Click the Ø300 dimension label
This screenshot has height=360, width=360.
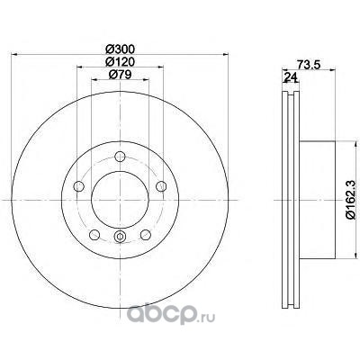click(x=121, y=49)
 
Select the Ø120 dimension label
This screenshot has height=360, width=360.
click(x=121, y=62)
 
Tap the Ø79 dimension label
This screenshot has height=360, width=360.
click(x=121, y=74)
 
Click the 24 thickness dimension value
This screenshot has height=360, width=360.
click(x=291, y=77)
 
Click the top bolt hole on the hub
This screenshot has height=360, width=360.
click(x=120, y=157)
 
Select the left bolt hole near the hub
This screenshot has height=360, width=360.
click(x=78, y=186)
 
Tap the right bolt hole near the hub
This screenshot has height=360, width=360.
click(x=161, y=186)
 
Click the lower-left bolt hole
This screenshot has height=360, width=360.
click(x=94, y=235)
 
